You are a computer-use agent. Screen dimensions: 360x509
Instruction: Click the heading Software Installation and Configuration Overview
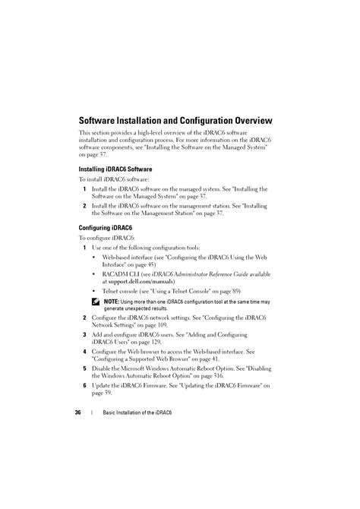point(175,120)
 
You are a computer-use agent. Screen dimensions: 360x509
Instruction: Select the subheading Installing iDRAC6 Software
point(115,169)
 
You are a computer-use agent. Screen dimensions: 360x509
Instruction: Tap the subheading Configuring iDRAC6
point(106,227)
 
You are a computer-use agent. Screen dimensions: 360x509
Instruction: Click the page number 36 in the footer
point(77,413)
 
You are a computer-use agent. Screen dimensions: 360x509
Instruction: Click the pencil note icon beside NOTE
point(96,302)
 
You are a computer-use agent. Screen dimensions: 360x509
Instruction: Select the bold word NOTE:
point(111,302)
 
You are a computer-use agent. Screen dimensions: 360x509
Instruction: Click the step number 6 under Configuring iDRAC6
point(85,386)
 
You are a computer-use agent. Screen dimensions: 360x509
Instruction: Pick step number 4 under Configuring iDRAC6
point(85,352)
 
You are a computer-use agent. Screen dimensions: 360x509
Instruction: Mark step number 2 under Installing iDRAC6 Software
point(85,206)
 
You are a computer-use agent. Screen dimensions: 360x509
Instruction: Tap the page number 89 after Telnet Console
point(236,291)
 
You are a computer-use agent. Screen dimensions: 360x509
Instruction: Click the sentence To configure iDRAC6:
point(107,238)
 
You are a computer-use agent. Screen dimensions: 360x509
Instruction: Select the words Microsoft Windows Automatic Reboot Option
point(172,369)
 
